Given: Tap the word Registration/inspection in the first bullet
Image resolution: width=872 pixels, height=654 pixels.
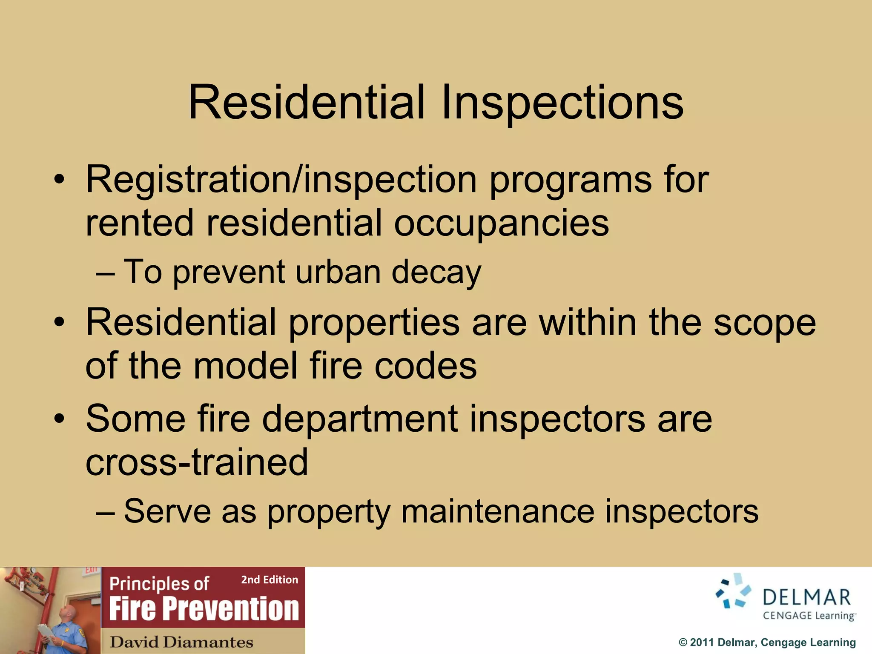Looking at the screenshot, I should click(x=281, y=180).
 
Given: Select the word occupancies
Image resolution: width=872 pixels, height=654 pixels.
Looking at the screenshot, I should click(x=501, y=223).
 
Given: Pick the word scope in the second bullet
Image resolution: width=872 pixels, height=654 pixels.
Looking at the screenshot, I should click(x=765, y=323).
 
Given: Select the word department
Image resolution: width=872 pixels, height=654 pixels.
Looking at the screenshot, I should click(x=360, y=419).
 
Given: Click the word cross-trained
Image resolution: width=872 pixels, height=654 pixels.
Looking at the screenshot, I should click(x=197, y=462).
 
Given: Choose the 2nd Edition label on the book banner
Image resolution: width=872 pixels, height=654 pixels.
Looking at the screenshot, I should click(x=270, y=580).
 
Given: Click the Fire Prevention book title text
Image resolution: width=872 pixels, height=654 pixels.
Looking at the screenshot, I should click(x=204, y=609).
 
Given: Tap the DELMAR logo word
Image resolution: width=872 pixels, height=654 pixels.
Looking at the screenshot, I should click(x=806, y=598).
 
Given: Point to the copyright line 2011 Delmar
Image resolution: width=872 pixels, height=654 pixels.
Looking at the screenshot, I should click(x=767, y=643).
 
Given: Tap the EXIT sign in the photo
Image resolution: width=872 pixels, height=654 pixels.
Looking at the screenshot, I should click(x=91, y=570).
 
